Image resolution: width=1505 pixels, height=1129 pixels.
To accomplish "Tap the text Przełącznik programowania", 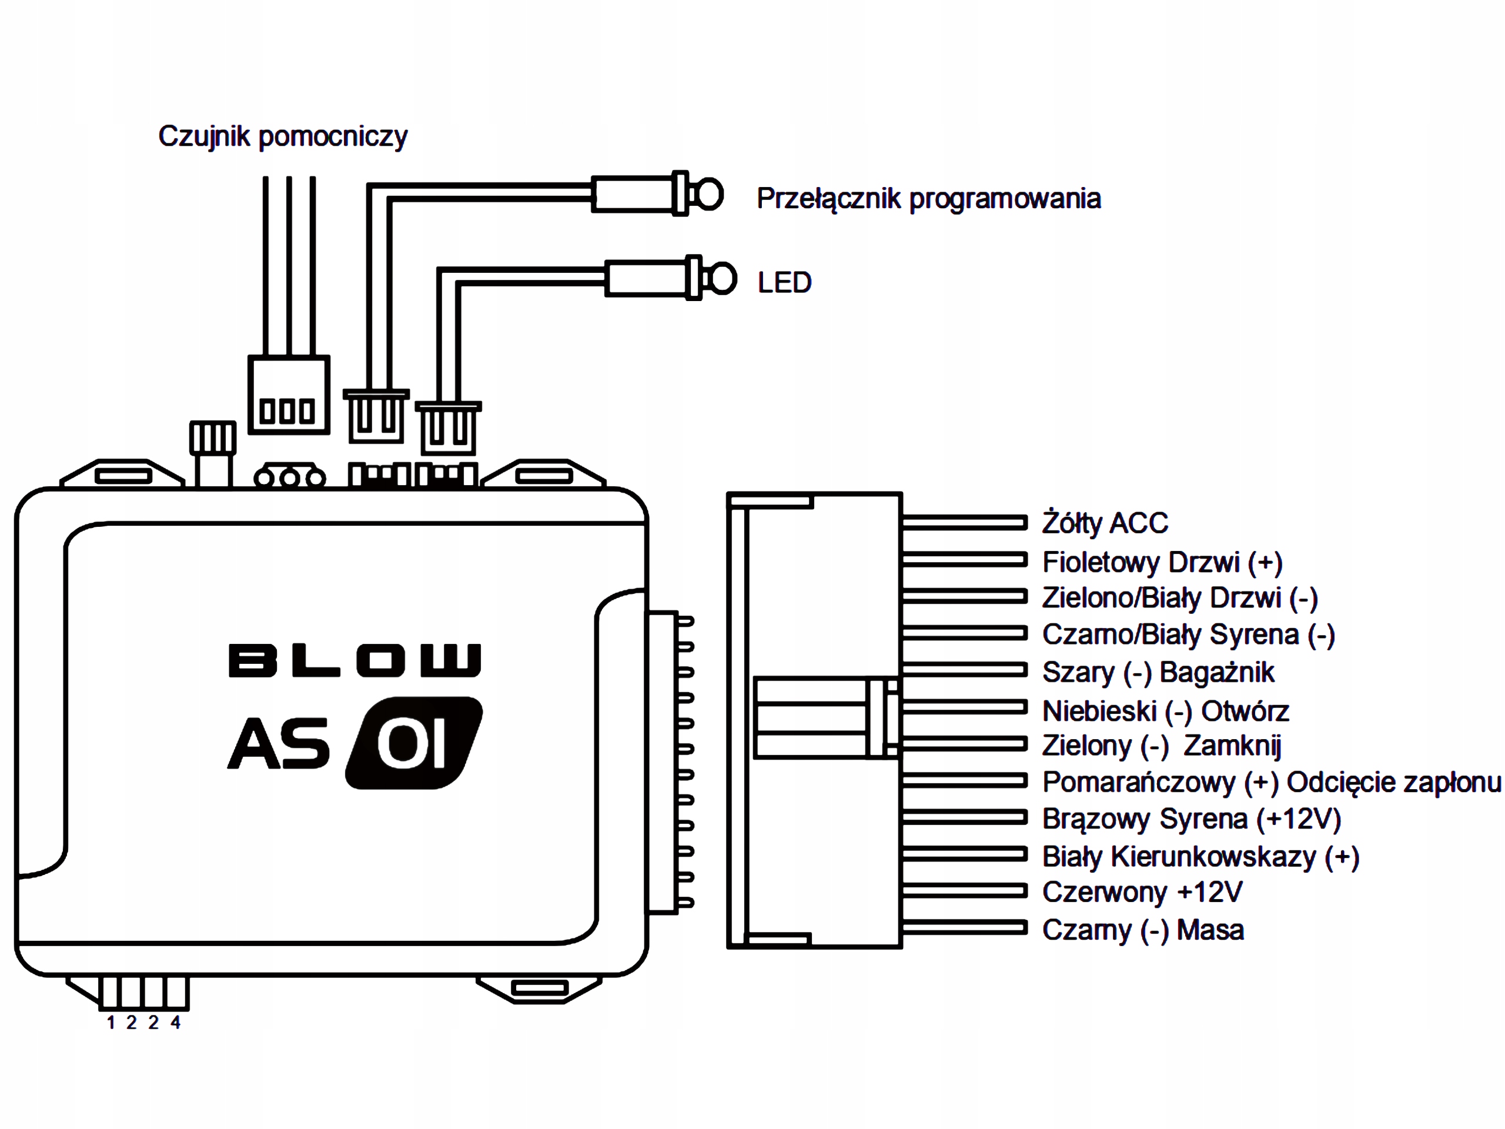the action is (929, 199).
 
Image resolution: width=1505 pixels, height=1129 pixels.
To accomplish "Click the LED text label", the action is (784, 282).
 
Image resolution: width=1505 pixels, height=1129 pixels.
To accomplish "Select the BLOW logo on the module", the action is (355, 660).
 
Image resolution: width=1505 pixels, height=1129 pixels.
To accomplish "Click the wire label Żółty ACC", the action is (1105, 523).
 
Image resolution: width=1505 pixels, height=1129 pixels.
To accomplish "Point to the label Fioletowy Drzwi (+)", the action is (1163, 562).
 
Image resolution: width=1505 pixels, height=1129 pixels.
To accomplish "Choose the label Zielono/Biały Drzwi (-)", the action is (1180, 598).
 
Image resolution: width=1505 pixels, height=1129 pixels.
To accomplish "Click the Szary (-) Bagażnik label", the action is (1158, 672).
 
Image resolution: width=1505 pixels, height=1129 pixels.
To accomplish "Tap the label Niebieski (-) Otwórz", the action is (1165, 711).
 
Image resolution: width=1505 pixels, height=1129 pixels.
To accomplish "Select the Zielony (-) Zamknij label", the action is (1162, 746).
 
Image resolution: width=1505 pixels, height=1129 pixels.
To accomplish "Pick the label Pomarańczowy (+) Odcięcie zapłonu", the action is (1272, 783).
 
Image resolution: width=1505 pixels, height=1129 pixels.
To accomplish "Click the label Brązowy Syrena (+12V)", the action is (1191, 819).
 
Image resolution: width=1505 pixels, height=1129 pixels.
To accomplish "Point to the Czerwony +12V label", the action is (1142, 892).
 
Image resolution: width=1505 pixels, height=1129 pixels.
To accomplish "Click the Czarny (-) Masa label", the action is (1143, 930).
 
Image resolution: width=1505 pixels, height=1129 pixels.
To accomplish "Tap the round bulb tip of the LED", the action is (723, 278).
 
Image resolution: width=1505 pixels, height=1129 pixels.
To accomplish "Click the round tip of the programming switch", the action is (710, 195).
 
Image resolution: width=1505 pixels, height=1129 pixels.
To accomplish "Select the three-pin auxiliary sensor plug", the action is (289, 395).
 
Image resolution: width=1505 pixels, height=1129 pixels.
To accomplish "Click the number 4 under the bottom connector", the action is (176, 1022).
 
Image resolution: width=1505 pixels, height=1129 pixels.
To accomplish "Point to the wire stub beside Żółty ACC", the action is (965, 523).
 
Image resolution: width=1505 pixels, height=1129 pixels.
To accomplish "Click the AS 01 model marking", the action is (355, 743).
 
